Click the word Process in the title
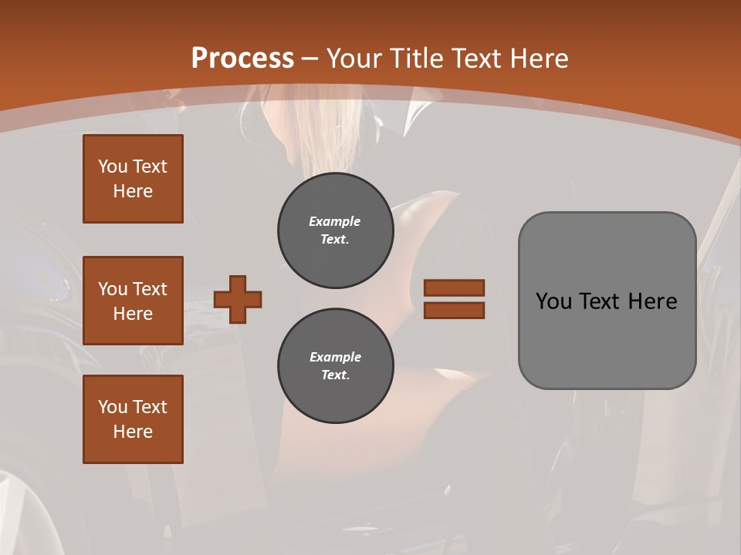[x=242, y=59]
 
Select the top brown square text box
[x=133, y=179]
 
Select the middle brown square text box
[x=133, y=301]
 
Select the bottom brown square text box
[x=133, y=419]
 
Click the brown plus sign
[x=238, y=300]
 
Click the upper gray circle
[x=336, y=230]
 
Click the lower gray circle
[x=336, y=366]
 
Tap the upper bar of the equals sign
[x=455, y=288]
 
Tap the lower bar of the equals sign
[x=455, y=310]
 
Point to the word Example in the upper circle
[x=335, y=221]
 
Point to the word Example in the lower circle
[x=335, y=357]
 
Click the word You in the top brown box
[x=112, y=166]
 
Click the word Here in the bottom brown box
[x=133, y=432]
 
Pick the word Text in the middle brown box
[x=150, y=289]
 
